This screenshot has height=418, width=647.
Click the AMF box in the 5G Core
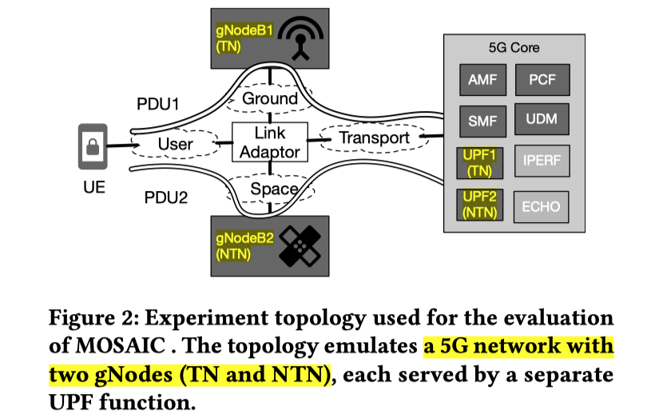(x=482, y=81)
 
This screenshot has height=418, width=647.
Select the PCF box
(x=542, y=81)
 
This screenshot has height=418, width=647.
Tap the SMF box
(x=482, y=121)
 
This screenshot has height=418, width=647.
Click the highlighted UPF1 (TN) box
(x=479, y=163)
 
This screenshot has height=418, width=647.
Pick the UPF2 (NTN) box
(x=479, y=205)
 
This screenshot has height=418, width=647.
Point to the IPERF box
(x=542, y=163)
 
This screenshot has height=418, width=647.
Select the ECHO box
(x=541, y=206)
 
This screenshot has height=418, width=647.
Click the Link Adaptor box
(x=270, y=142)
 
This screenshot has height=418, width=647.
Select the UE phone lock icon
(x=93, y=146)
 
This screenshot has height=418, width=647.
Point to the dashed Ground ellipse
(x=270, y=99)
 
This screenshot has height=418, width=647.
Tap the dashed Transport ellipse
(x=373, y=137)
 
